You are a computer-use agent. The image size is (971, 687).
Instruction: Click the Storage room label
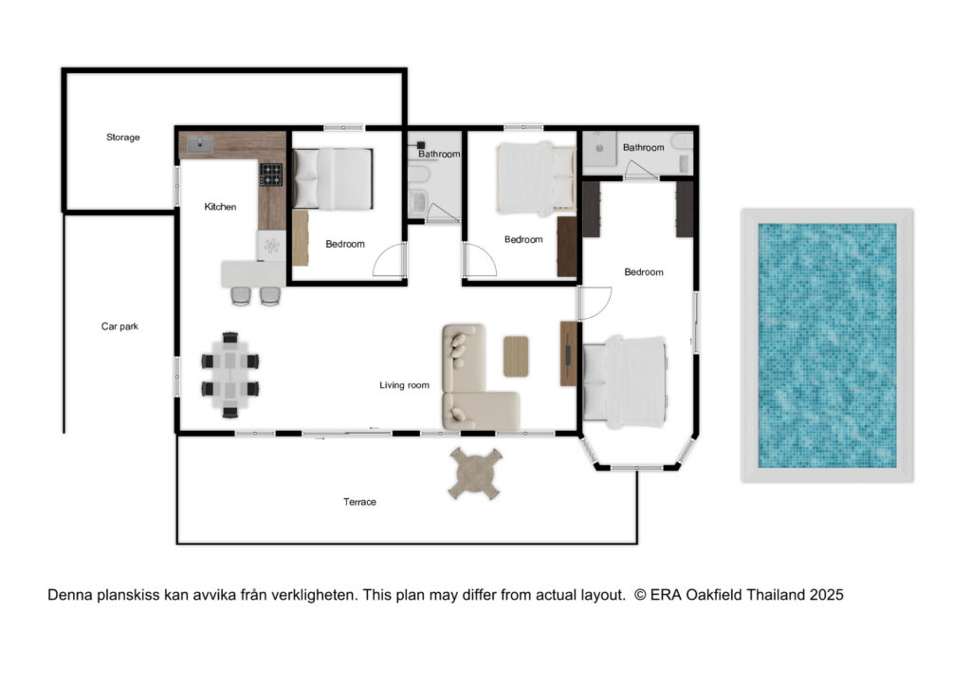122,137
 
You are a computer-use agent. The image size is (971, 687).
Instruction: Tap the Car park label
119,326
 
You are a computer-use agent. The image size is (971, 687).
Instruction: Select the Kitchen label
220,206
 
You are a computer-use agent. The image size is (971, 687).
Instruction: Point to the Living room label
404,384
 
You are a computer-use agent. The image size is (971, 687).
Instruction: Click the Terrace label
359,502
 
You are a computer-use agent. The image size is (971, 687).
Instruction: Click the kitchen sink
200,144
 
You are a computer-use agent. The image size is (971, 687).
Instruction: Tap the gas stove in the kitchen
271,175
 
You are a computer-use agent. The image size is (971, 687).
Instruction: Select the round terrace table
475,473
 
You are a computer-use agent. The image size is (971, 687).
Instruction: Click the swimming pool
827,345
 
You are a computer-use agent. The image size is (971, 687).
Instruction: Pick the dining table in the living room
229,376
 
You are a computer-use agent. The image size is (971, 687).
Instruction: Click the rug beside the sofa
516,356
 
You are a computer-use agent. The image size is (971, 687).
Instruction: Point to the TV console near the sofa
569,353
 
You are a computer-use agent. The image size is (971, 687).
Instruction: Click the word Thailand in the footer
775,595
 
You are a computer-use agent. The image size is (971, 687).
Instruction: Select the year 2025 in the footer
826,595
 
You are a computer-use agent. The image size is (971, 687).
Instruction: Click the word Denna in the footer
70,595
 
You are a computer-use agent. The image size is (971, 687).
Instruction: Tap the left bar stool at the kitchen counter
242,296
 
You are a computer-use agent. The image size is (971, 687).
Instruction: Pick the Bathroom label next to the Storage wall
439,154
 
